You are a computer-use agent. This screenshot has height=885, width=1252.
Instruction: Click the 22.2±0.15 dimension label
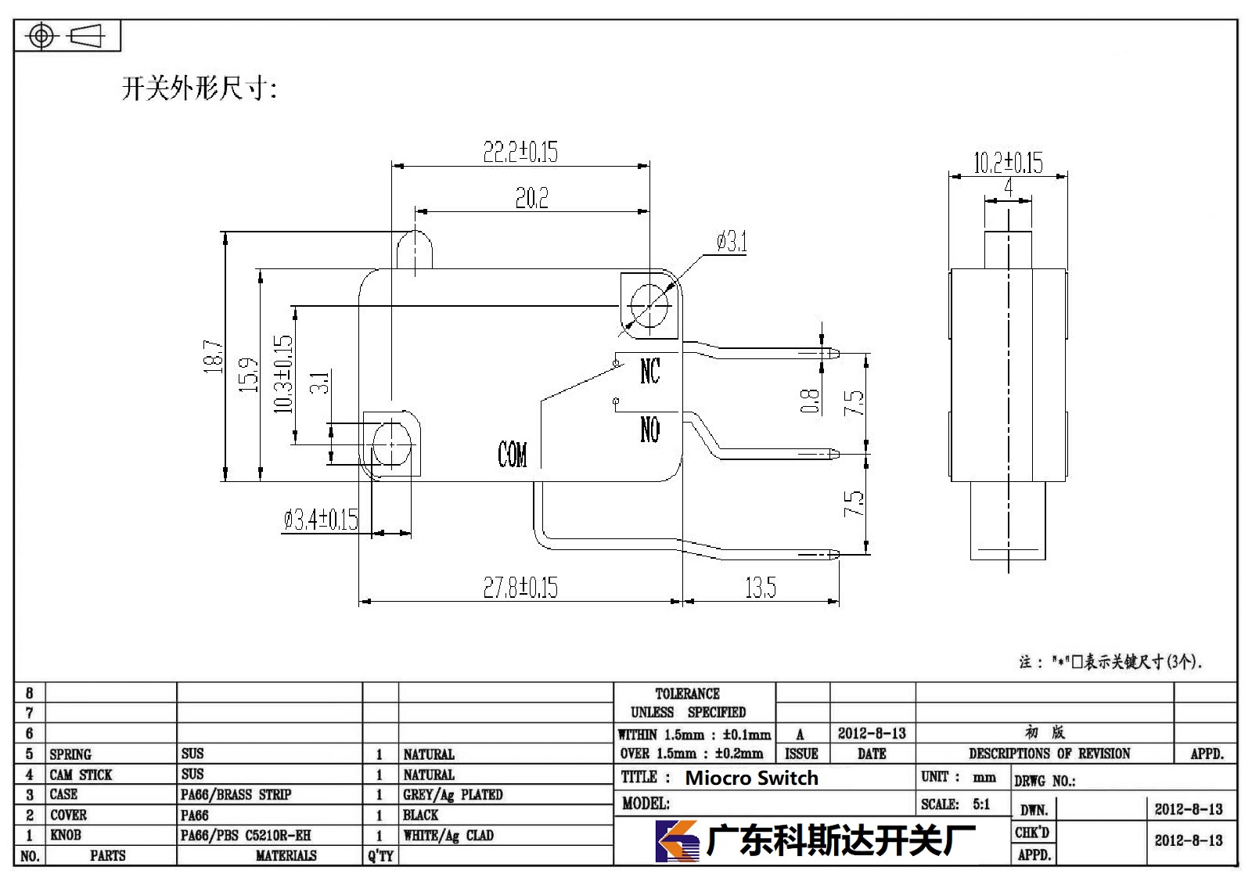click(520, 152)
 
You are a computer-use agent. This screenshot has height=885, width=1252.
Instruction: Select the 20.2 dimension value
click(531, 198)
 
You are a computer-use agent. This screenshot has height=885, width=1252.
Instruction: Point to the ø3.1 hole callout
click(732, 242)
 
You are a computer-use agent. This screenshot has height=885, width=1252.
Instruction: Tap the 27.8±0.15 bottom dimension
click(520, 588)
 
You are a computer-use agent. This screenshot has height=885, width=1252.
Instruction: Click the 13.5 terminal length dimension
click(760, 588)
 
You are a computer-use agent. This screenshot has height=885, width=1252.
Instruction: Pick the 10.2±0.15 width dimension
click(1008, 163)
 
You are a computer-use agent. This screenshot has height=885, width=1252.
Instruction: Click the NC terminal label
click(650, 371)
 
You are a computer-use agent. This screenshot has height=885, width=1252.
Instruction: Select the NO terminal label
click(650, 430)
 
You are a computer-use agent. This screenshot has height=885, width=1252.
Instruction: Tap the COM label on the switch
click(512, 454)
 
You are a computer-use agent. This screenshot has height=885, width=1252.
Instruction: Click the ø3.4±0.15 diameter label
click(321, 520)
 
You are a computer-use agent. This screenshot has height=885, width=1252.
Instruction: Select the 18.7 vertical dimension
click(213, 356)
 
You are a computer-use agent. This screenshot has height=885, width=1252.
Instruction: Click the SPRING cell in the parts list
click(70, 754)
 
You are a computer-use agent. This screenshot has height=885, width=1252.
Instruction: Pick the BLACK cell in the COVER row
click(420, 815)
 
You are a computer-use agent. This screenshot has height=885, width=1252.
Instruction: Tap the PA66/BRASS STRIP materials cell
click(236, 794)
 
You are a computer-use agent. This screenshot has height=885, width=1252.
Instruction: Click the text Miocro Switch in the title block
click(751, 778)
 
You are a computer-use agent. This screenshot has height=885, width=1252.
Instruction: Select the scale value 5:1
click(981, 804)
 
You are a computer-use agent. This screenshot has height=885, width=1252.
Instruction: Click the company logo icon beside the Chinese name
click(677, 841)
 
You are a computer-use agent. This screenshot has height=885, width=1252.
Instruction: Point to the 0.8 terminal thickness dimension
click(809, 401)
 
